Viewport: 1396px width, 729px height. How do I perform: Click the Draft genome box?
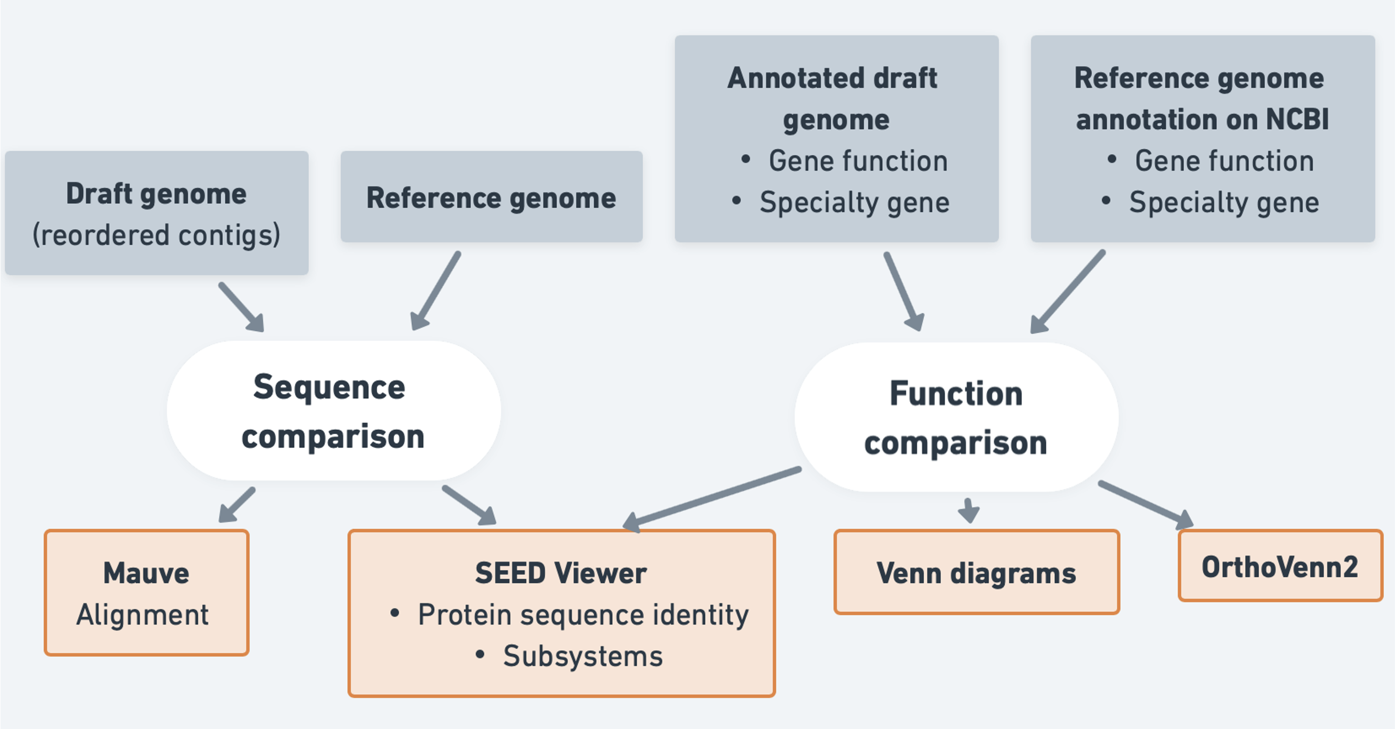pos(157,213)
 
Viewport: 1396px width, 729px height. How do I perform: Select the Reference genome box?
pos(491,197)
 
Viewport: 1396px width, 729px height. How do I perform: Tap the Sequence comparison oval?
pos(334,411)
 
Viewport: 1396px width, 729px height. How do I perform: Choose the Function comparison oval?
pos(956,417)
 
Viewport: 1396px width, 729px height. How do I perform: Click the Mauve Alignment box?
pos(147,593)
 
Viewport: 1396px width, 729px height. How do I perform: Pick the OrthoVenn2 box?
pos(1280,566)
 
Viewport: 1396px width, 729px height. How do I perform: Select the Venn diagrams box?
pos(976,573)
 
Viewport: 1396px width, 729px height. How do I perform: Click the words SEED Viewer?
pos(561,573)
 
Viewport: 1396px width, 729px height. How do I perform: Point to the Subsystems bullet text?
pos(582,657)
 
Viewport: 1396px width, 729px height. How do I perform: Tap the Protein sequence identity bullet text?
pos(583,615)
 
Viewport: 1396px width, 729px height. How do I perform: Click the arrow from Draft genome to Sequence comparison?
pos(242,307)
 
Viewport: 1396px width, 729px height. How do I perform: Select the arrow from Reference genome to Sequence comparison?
pos(436,291)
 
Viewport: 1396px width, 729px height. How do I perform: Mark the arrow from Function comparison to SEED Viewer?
pos(712,496)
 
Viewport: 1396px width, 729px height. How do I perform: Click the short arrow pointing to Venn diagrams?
pos(968,510)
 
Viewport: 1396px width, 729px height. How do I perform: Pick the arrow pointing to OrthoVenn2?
pos(1145,504)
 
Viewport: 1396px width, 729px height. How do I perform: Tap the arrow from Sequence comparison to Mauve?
pos(237,505)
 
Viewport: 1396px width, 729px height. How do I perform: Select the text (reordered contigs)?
pos(157,235)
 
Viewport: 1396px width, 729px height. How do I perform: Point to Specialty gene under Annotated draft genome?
pos(854,203)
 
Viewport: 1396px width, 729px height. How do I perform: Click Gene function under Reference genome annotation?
pos(1224,161)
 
